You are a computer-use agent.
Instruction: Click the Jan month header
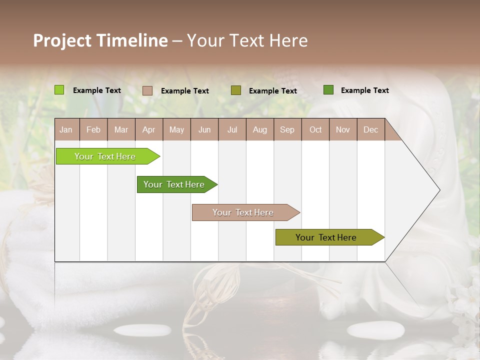[x=66, y=129]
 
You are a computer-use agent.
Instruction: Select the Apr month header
[x=149, y=129]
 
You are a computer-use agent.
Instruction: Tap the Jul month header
[x=232, y=129]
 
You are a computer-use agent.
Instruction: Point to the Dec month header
[x=370, y=129]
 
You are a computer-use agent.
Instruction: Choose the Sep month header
[x=287, y=129]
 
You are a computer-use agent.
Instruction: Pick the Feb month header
[x=93, y=129]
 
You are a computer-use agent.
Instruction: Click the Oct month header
[x=315, y=129]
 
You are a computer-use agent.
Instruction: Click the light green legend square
[x=59, y=90]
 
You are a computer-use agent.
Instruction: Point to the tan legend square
[x=147, y=90]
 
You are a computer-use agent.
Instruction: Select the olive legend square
[x=236, y=90]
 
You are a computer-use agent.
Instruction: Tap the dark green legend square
[x=328, y=90]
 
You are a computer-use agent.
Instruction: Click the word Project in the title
[x=63, y=40]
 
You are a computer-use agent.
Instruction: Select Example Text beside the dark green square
[x=364, y=90]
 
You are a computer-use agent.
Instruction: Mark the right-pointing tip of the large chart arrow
[x=438, y=190]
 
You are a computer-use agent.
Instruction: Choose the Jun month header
[x=204, y=129]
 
